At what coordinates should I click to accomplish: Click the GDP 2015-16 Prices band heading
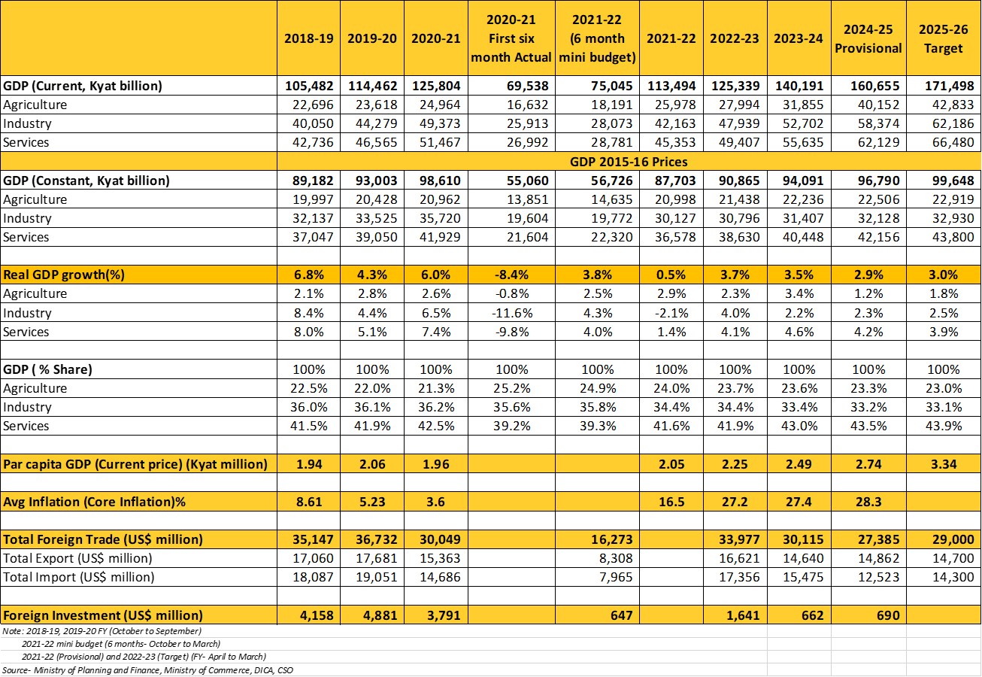629,161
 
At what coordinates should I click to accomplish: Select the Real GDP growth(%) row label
65,275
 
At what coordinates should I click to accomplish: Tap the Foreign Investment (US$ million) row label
103,615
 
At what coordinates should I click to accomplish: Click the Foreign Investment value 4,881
372,615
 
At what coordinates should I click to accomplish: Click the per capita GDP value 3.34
943,464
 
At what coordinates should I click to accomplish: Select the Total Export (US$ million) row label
77,558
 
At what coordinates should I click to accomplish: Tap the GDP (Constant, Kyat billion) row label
86,181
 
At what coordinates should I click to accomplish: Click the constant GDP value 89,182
309,181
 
